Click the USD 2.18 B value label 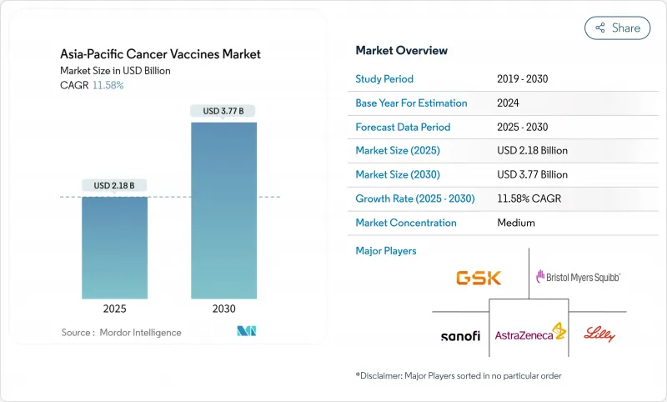tap(114, 184)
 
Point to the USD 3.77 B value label tap(223, 110)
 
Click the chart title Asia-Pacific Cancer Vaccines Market tap(161, 54)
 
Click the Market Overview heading tap(401, 51)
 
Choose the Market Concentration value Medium tap(515, 223)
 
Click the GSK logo tap(479, 278)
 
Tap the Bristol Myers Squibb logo tap(578, 276)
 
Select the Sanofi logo tap(460, 335)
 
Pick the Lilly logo tap(598, 334)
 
